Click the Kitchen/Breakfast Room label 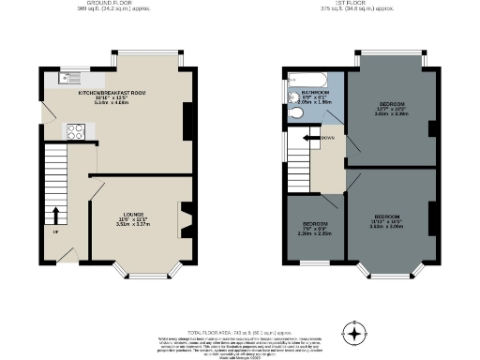click(x=112, y=95)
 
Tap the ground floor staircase click(x=55, y=187)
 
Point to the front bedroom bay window click(x=392, y=275)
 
